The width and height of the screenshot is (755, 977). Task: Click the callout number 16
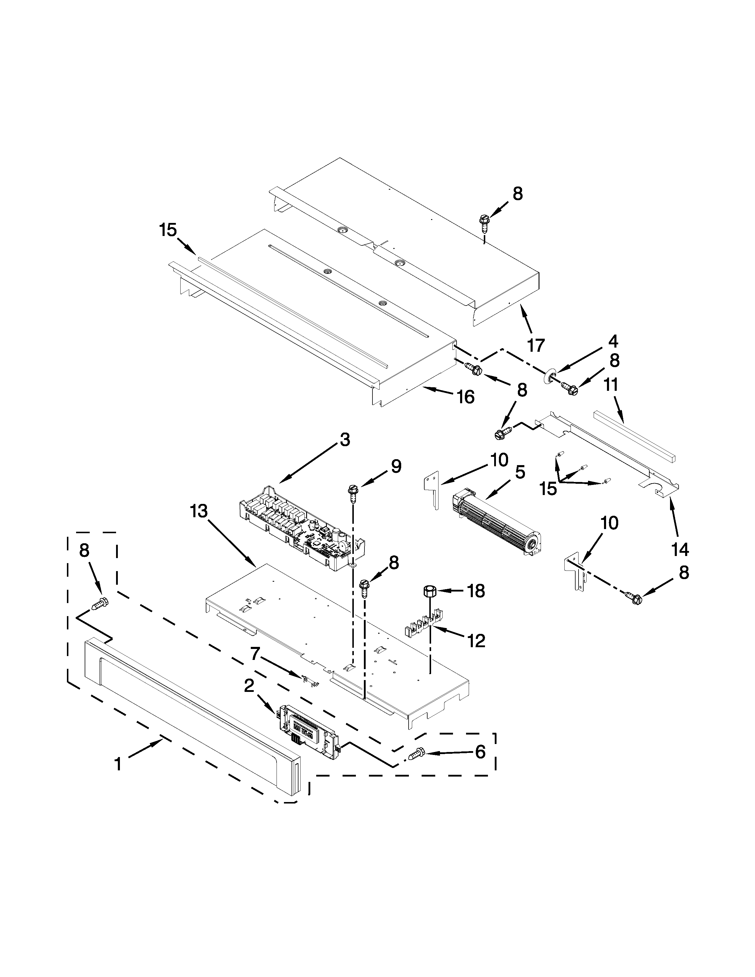[466, 396]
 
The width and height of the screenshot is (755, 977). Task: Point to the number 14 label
[679, 549]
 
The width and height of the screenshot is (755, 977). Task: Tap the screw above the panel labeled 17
[483, 221]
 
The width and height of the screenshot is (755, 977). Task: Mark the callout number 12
[477, 641]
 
